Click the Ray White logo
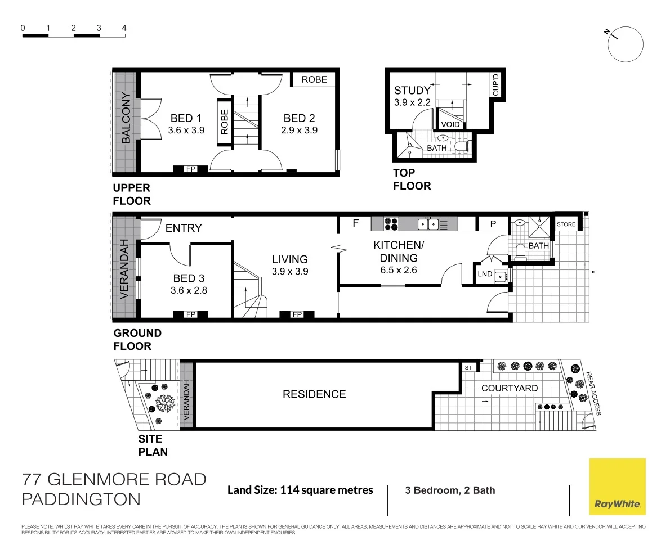[617, 487]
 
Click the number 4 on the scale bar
[124, 28]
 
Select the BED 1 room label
[186, 118]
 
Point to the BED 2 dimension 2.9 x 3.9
[299, 129]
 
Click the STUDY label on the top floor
[412, 90]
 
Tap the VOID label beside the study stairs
[450, 124]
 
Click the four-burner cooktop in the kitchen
[391, 224]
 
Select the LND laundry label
[485, 274]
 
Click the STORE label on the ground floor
[566, 224]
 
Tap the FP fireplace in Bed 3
[191, 314]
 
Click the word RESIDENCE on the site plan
[314, 394]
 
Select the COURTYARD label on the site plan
[509, 388]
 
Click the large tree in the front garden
[166, 403]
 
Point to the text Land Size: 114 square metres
[300, 490]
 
